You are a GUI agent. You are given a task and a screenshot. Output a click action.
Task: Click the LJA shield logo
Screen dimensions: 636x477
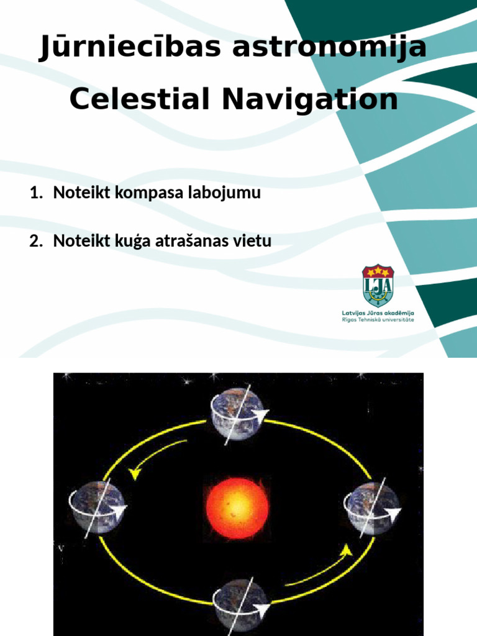tap(378, 286)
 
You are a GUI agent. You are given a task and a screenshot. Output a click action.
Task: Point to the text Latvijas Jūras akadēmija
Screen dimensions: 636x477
tap(378, 313)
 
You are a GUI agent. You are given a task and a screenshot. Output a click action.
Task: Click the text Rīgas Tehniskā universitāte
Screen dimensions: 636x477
tap(378, 320)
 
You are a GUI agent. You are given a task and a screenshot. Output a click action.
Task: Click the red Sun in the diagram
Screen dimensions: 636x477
tap(238, 501)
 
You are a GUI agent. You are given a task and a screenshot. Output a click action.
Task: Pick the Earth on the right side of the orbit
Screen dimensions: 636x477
tap(372, 507)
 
